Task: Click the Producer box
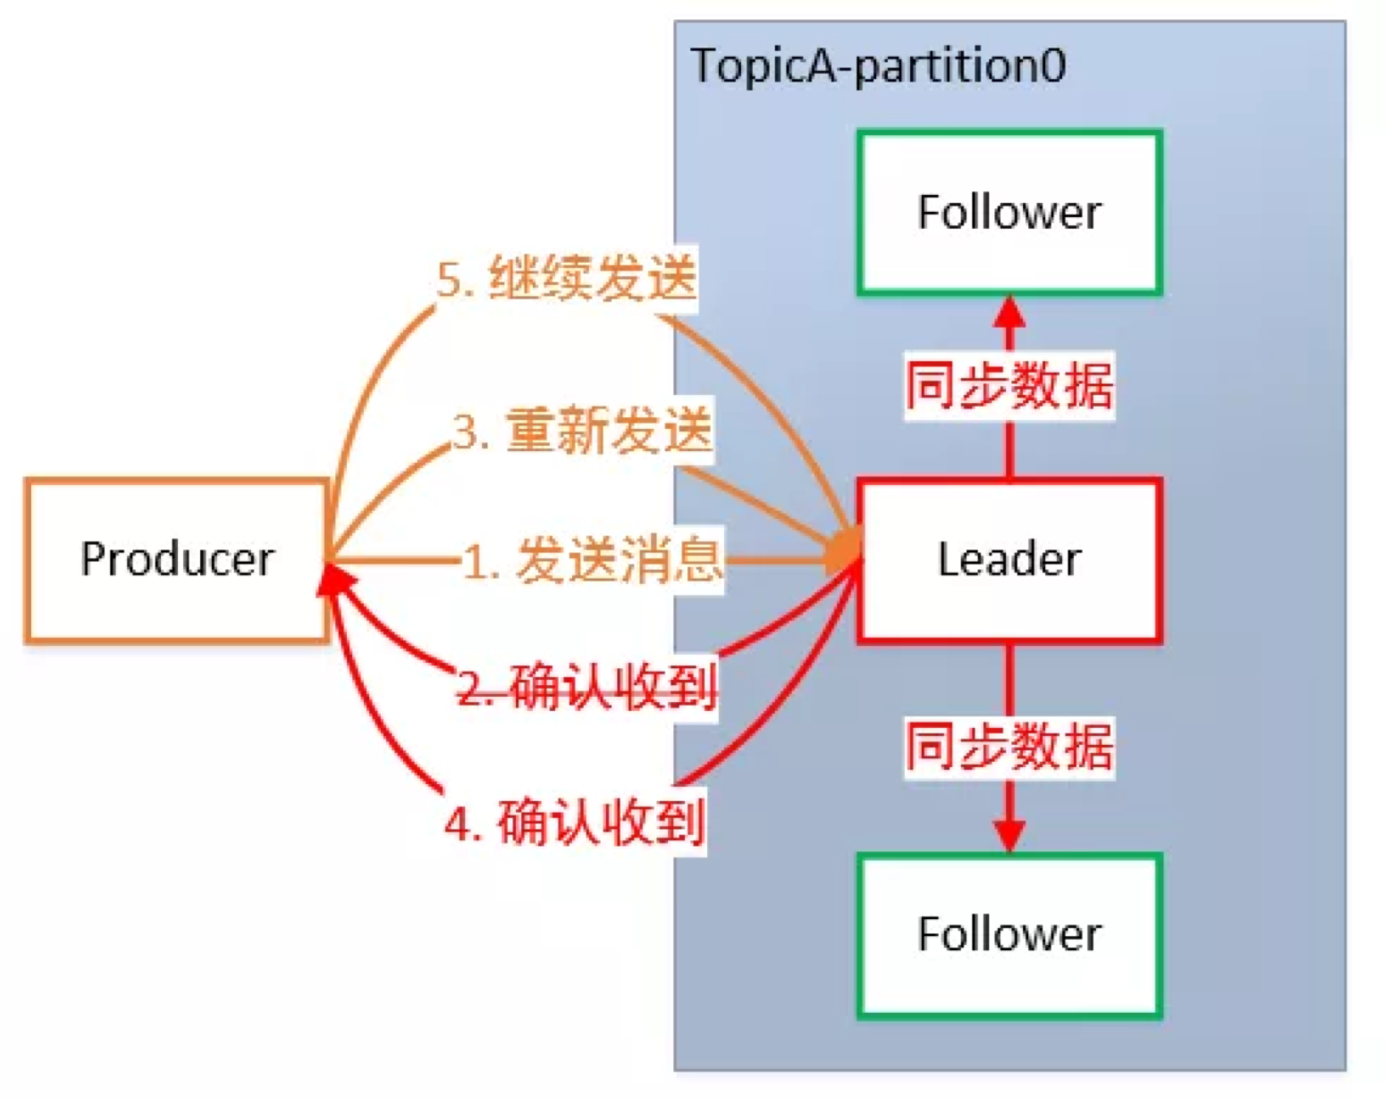click(177, 560)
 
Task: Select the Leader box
click(1009, 560)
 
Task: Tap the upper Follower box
click(1009, 213)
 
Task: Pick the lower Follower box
click(1009, 936)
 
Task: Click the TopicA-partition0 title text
click(878, 67)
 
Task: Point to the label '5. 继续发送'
click(567, 279)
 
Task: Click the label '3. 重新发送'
click(583, 431)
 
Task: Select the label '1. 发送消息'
click(592, 560)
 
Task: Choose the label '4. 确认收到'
click(575, 822)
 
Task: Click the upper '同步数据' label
click(1009, 385)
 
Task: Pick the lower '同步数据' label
click(1009, 746)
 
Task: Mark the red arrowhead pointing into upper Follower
click(1009, 314)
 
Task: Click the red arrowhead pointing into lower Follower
click(1009, 836)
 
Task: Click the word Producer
click(177, 559)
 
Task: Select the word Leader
click(1009, 559)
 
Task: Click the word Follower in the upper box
click(1009, 212)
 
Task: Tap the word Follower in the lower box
click(1009, 934)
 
